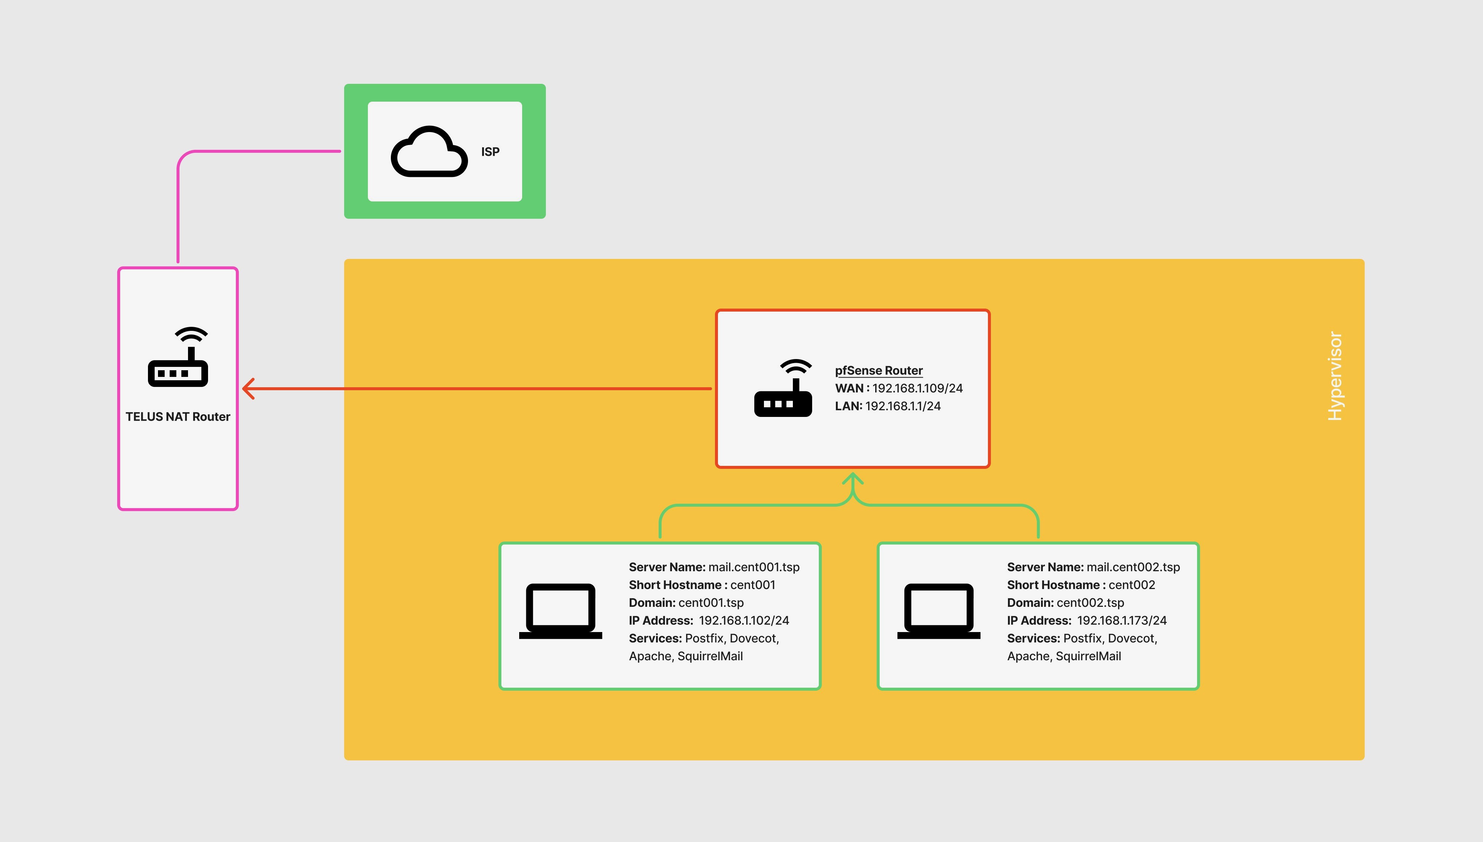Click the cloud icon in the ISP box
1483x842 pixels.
(429, 151)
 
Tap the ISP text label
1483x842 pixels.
(490, 151)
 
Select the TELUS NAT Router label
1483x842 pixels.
(178, 417)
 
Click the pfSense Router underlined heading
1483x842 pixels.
(878, 370)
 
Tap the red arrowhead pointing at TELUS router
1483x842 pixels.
(248, 389)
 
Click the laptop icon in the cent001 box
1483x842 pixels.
(560, 611)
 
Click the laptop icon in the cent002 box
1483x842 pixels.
(938, 611)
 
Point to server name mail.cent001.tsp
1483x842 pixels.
(753, 567)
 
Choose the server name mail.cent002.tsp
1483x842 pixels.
(1133, 567)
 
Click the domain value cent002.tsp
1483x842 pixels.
(1090, 603)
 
